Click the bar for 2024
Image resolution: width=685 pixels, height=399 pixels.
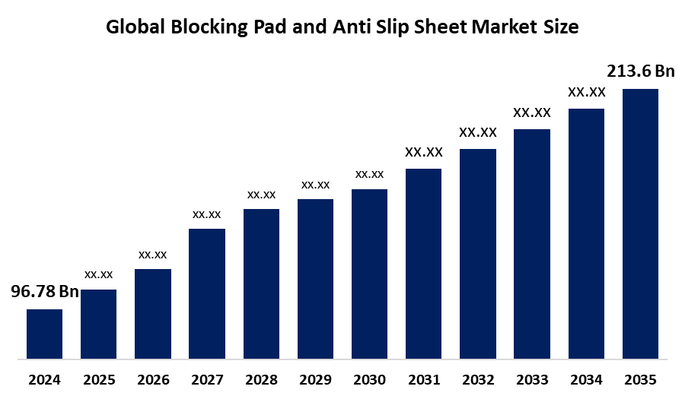click(x=44, y=333)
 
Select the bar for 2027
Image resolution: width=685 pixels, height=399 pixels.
click(x=207, y=293)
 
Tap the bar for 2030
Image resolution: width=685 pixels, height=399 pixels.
click(x=369, y=273)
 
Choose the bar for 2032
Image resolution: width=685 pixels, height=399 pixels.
click(x=478, y=253)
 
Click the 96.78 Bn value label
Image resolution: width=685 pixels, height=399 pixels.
click(x=44, y=292)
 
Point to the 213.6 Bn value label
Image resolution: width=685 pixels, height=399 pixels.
click(x=640, y=71)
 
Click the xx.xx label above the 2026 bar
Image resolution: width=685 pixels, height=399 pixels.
click(x=153, y=254)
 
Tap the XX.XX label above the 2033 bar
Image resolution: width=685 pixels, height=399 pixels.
click(x=532, y=112)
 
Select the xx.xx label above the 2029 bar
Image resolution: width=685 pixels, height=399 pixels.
click(x=315, y=185)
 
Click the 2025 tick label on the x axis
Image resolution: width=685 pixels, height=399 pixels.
click(x=99, y=379)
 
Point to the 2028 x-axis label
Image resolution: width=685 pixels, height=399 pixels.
click(x=261, y=379)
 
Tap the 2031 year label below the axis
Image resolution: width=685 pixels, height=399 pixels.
click(x=423, y=379)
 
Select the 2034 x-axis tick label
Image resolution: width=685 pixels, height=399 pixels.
click(x=586, y=379)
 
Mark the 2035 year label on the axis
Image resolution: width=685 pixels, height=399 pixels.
click(x=640, y=379)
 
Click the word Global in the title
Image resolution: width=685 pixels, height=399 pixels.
click(x=134, y=27)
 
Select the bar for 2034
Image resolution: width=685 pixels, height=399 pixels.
click(x=586, y=233)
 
